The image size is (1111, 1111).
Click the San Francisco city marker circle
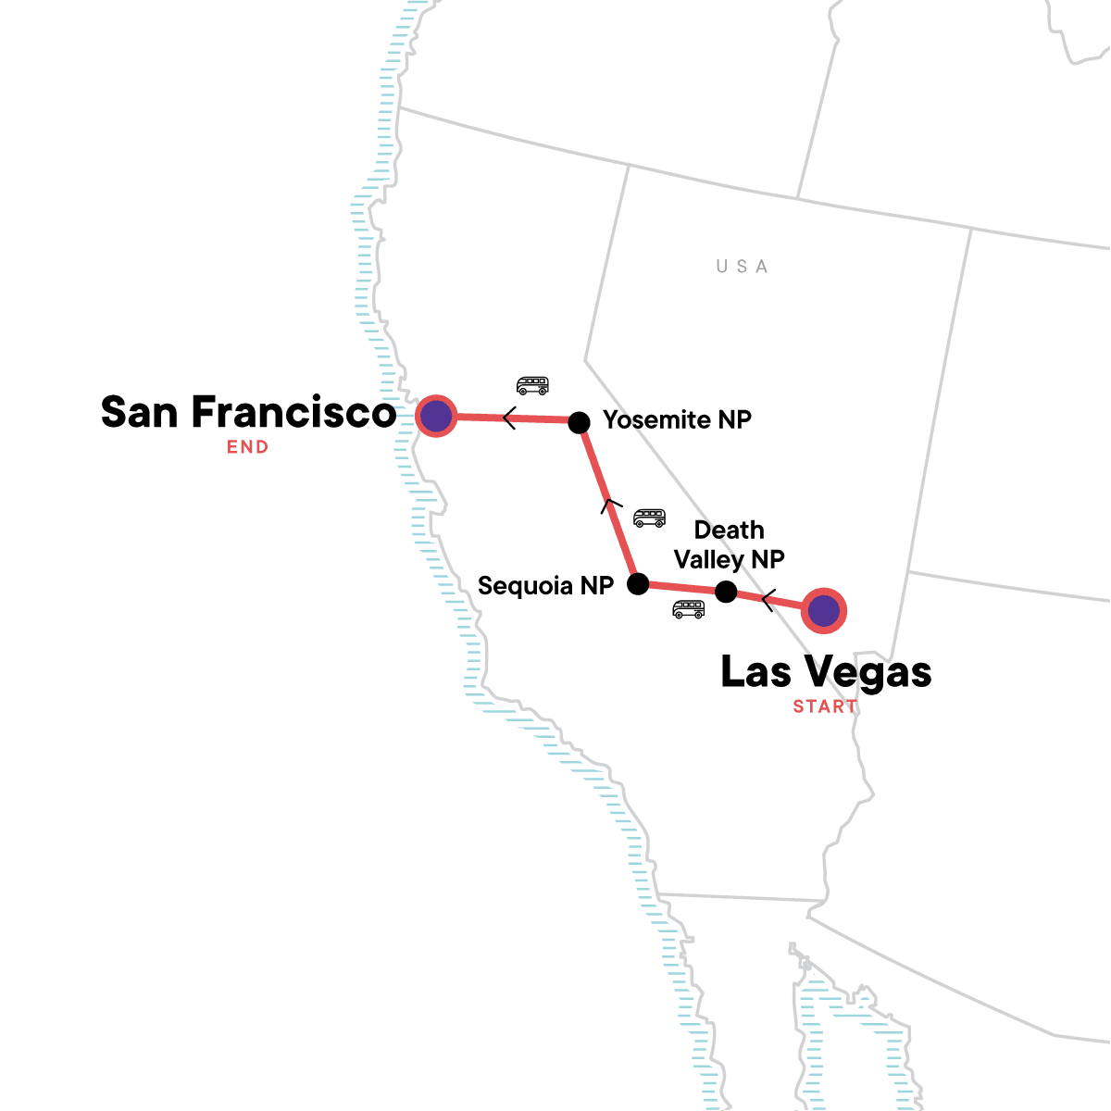coord(435,417)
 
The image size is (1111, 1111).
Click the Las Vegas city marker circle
coord(823,611)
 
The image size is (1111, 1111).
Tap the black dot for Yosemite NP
coord(579,422)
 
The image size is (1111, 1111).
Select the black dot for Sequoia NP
coord(638,583)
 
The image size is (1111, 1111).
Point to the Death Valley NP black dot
coord(726,592)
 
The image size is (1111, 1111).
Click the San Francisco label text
coord(248,413)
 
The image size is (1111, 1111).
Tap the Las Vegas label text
coord(826,673)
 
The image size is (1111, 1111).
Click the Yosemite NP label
coord(677,420)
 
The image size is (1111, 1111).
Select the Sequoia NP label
coord(545,586)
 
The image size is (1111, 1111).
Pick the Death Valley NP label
coord(730,545)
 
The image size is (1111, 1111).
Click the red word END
coord(248,447)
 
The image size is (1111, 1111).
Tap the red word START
coord(825,706)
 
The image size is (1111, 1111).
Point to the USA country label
coord(743,267)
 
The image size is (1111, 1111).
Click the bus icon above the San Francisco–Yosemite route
coord(532,385)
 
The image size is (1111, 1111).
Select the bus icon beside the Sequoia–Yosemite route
coord(649,518)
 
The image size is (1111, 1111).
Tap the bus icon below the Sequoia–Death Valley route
coord(689,609)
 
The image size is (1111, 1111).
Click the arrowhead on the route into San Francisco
coord(508,418)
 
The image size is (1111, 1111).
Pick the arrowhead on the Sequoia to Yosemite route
coord(608,506)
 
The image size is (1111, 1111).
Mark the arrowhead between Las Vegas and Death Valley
coord(767,601)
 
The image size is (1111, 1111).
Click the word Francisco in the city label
coord(293,413)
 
